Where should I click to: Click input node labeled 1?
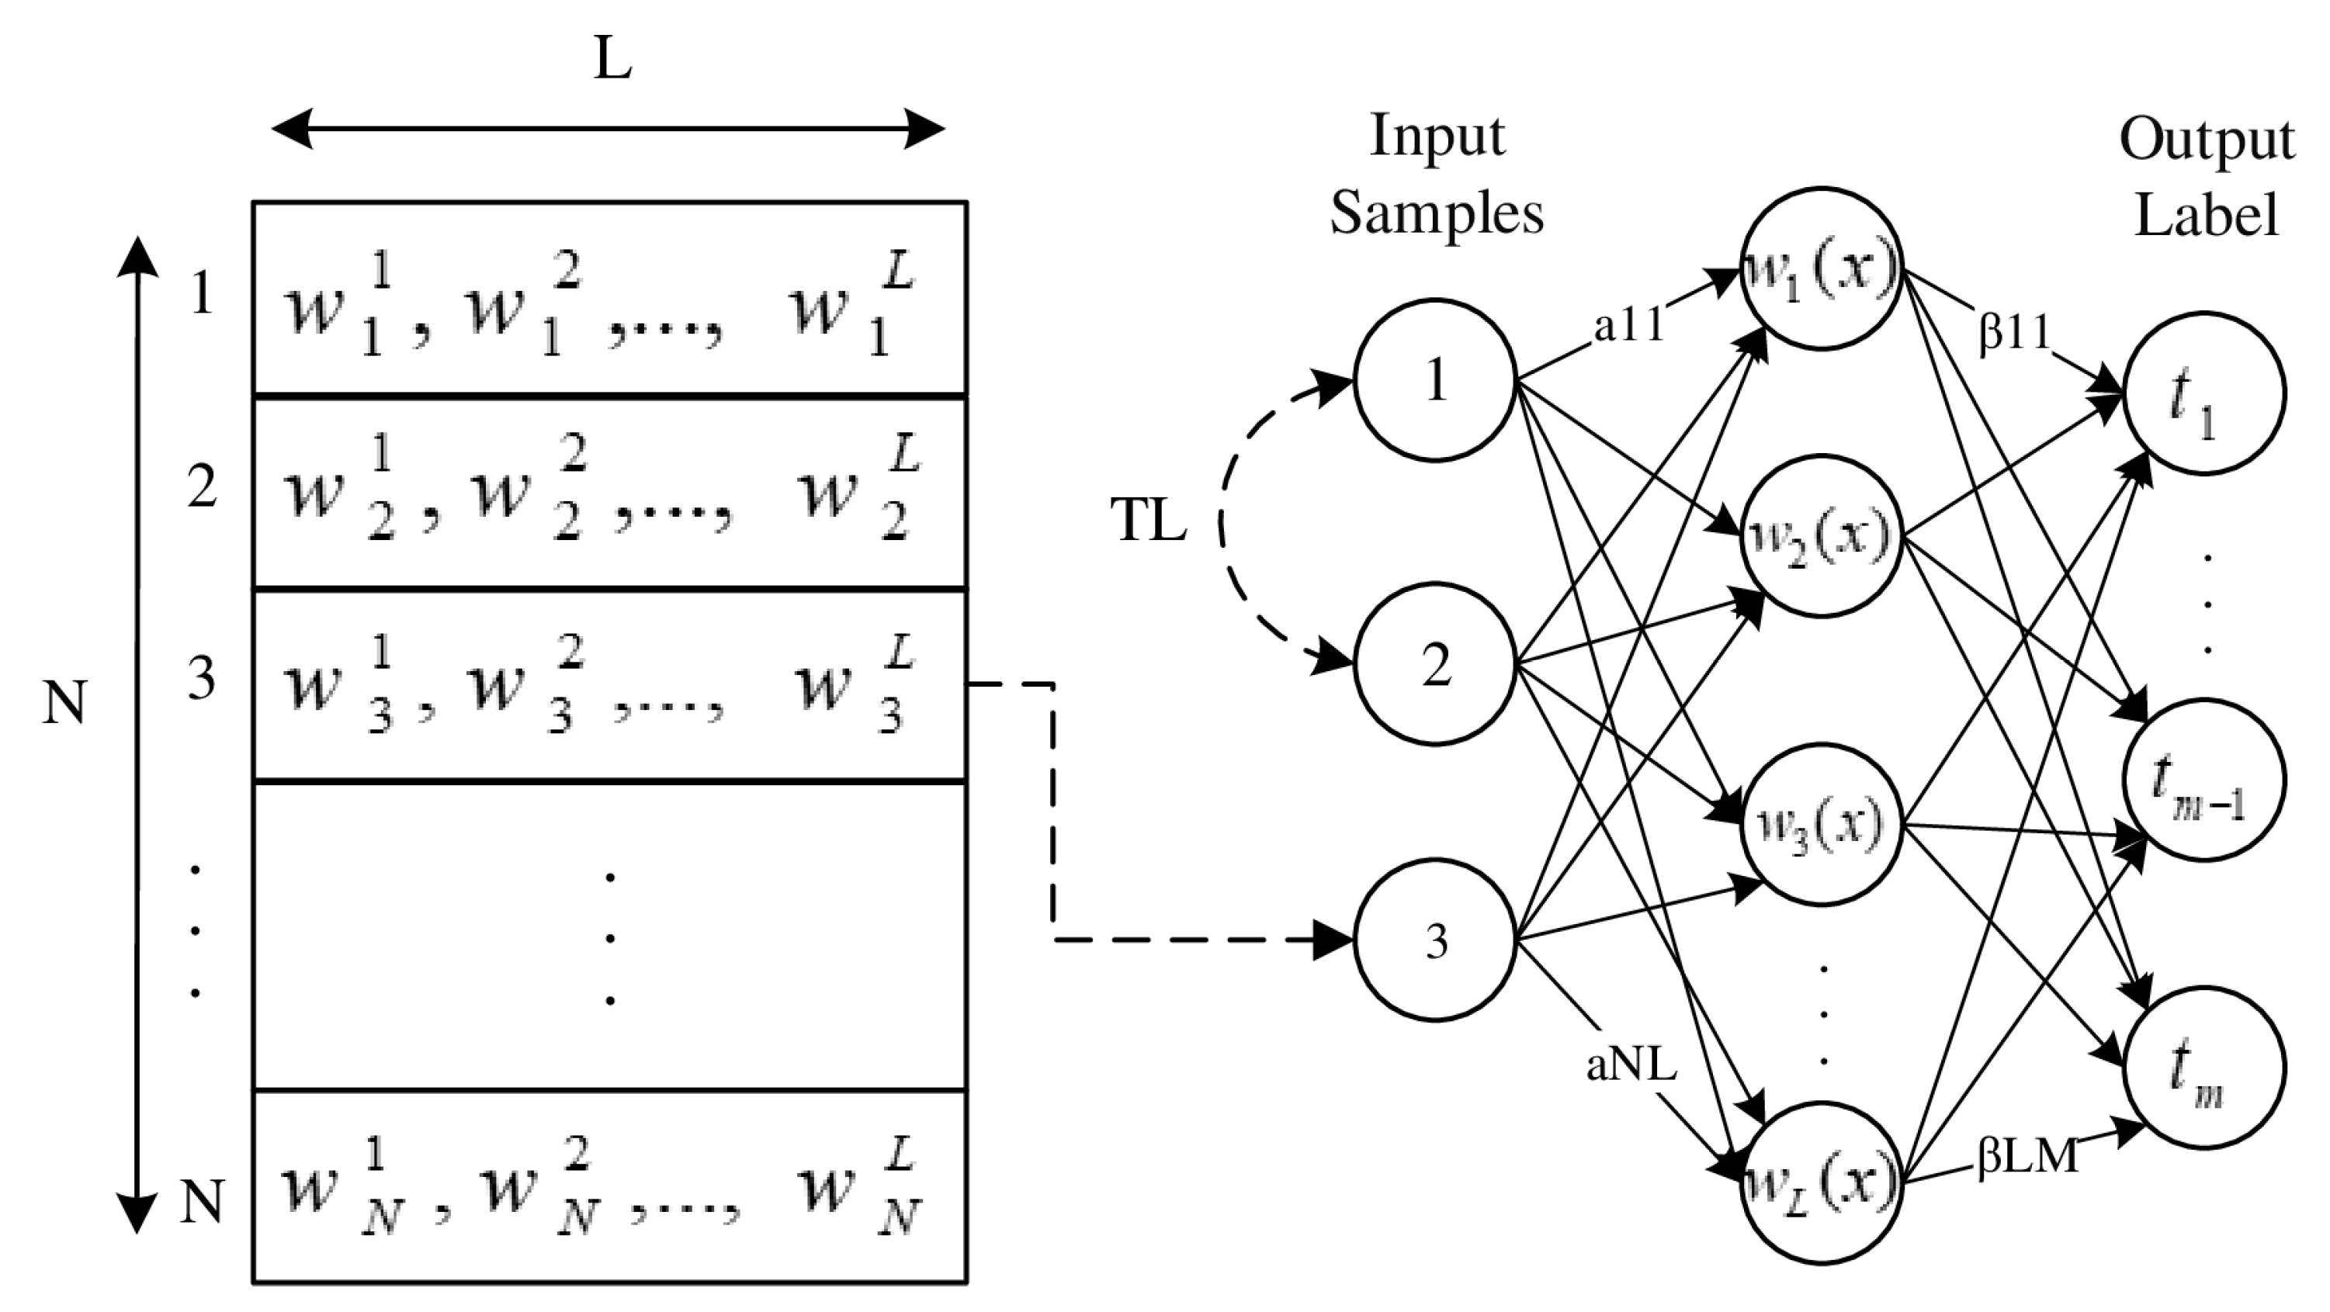tap(1434, 381)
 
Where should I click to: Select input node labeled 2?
tap(1434, 666)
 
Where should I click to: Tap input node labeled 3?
tap(1434, 940)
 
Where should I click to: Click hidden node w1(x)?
tap(1821, 268)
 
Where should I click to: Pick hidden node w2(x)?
tap(1821, 537)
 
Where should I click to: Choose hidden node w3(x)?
tap(1821, 824)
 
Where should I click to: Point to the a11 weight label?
tap(1629, 327)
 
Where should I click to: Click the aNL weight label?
tap(1631, 1066)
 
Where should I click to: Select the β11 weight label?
tap(2014, 334)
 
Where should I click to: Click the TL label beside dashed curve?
tap(1148, 523)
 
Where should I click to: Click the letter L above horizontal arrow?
tap(612, 61)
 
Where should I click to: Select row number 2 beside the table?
tap(202, 487)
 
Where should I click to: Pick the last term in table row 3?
tap(855, 687)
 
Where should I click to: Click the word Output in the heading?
tap(2206, 141)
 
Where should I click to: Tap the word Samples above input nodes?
tap(1437, 215)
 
